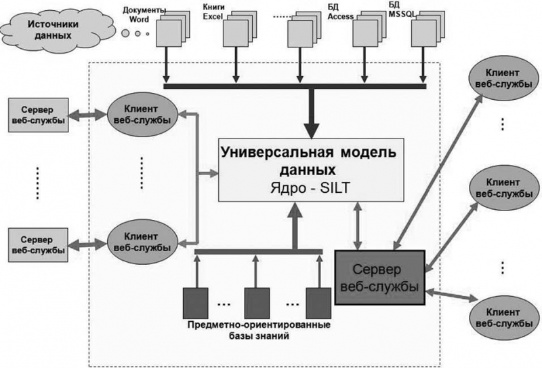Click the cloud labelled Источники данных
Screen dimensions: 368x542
(49, 27)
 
